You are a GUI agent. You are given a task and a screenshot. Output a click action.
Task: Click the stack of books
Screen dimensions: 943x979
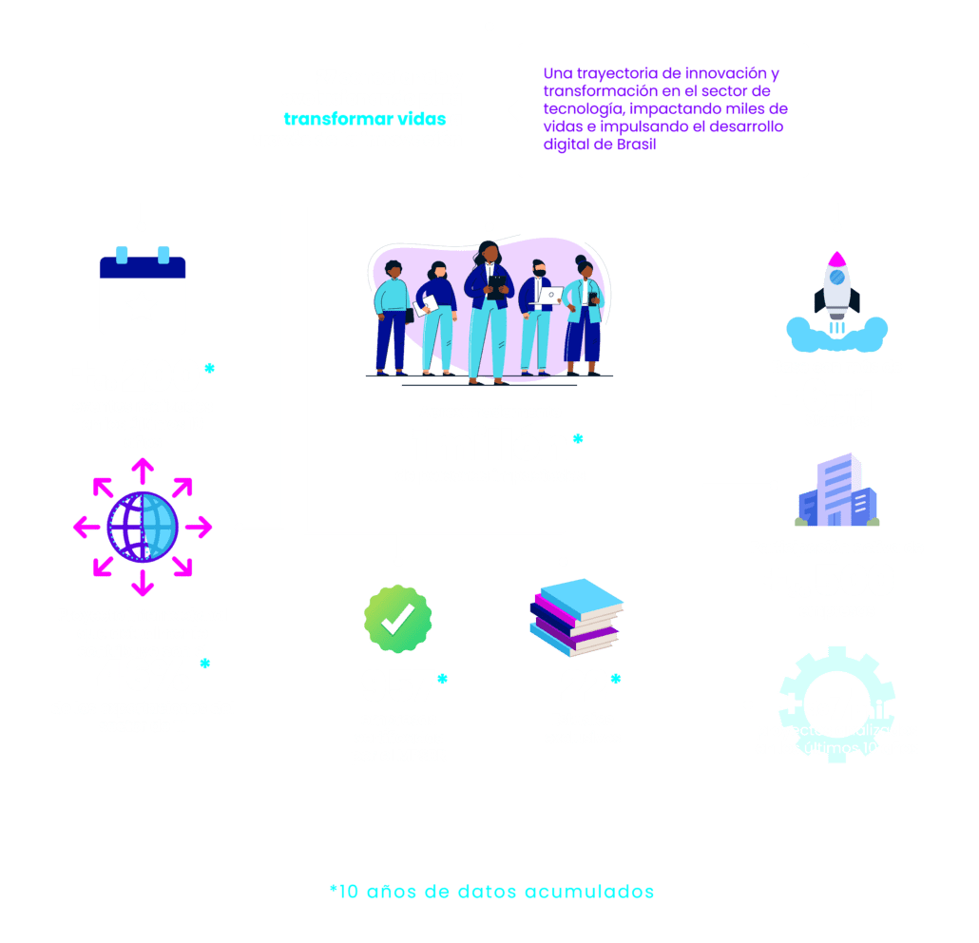(x=574, y=617)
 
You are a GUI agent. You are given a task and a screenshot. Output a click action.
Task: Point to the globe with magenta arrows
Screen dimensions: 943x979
(x=143, y=526)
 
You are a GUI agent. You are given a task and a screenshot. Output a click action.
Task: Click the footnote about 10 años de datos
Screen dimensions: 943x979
(x=491, y=892)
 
